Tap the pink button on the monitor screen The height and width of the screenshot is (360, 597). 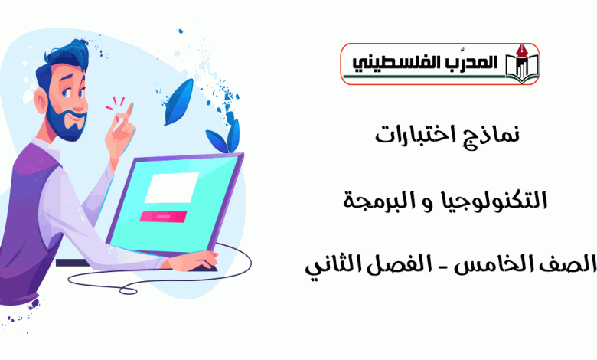point(163,217)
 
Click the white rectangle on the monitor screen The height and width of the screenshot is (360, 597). point(171,188)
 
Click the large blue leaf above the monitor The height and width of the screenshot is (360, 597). point(178,102)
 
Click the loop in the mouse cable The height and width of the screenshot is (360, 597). point(129,290)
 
